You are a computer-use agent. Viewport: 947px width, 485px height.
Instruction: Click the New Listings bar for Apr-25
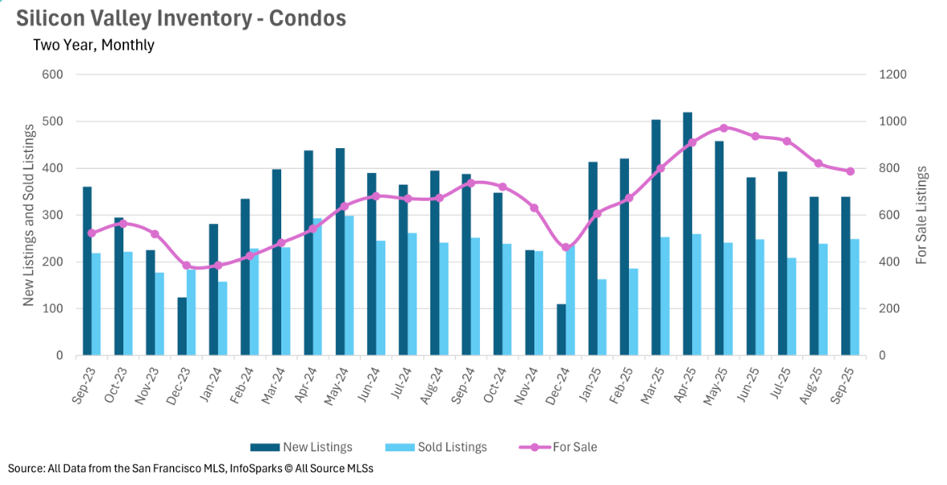pos(687,234)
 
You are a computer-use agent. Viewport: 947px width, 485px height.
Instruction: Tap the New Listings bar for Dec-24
pos(561,330)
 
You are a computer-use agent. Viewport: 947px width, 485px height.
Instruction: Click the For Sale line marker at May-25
pos(723,128)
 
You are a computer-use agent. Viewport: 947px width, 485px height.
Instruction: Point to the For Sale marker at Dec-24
pos(566,247)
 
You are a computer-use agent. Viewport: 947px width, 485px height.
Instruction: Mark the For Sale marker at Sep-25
pos(850,171)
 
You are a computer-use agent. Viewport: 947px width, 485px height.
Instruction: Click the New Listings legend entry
pos(301,447)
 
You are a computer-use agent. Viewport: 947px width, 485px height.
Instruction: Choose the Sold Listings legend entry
pos(436,447)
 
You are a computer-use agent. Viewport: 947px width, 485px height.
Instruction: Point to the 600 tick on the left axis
pos(53,74)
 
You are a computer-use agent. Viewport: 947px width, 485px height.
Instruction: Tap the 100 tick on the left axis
pos(53,309)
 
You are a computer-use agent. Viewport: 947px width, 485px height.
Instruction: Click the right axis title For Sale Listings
pos(921,215)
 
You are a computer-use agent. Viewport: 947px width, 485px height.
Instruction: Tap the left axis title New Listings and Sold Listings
pos(29,215)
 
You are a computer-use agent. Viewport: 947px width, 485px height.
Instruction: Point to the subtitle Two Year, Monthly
pos(93,45)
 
